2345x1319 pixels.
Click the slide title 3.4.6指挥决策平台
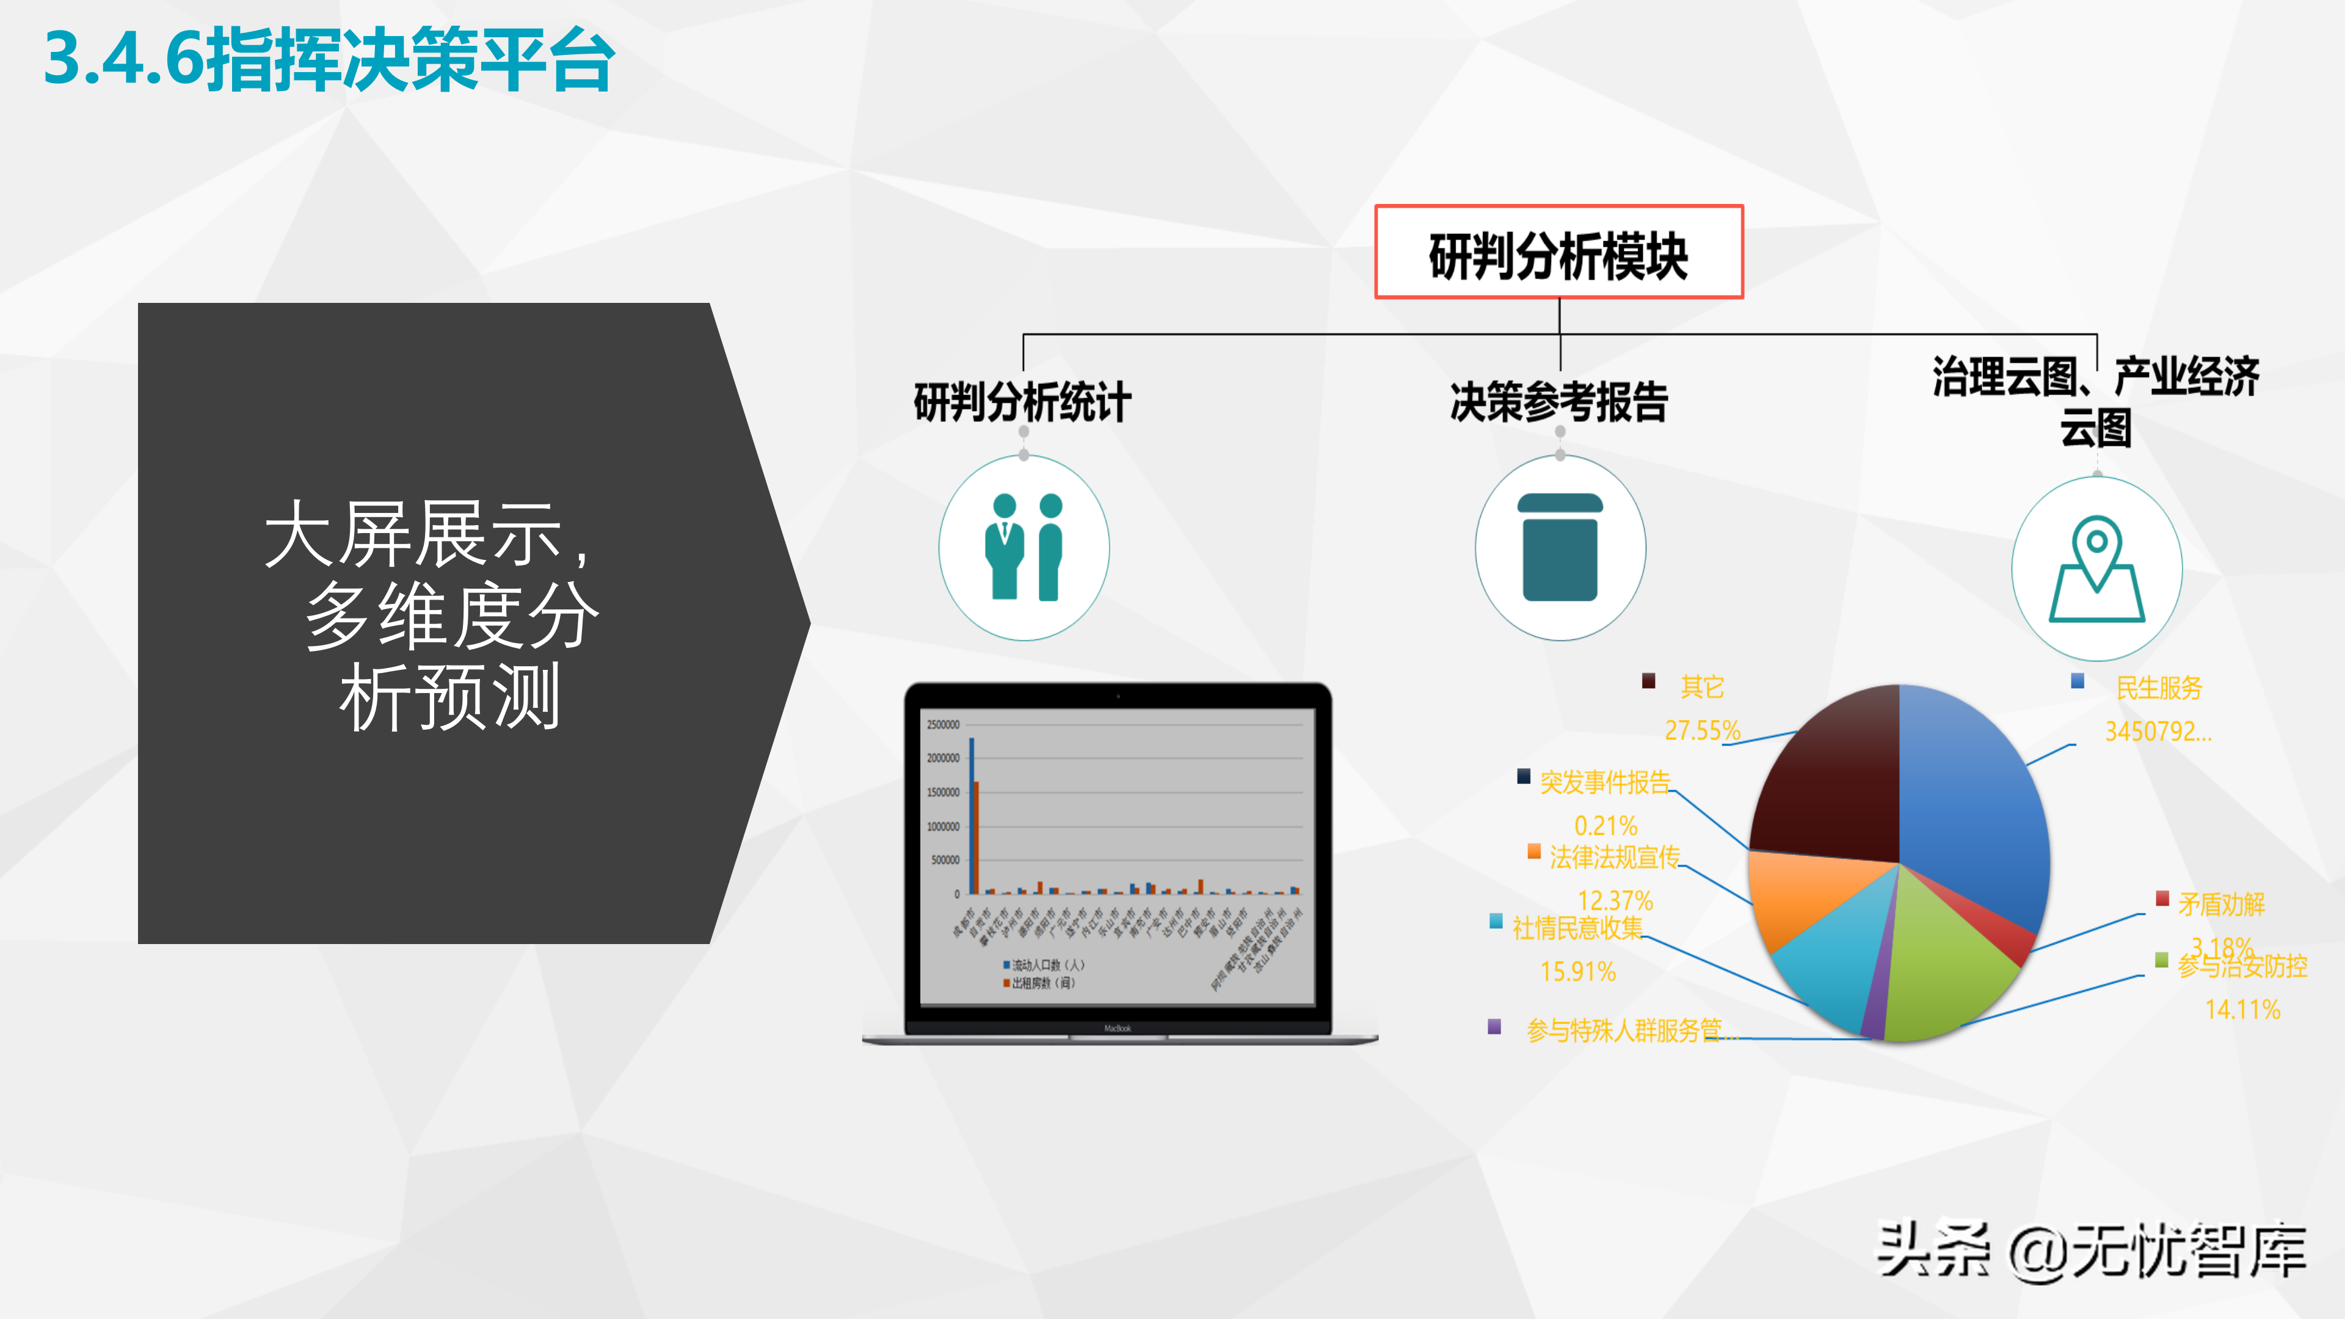click(x=330, y=60)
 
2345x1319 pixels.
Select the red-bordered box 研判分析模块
click(x=1558, y=253)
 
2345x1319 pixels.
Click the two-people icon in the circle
click(x=1024, y=547)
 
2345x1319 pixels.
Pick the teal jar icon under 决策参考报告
click(x=1560, y=547)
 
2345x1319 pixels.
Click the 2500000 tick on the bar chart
click(x=943, y=725)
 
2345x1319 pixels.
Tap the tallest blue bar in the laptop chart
click(x=972, y=815)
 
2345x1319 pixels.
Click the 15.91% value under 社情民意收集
click(x=1577, y=972)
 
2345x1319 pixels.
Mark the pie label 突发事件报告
click(x=1605, y=782)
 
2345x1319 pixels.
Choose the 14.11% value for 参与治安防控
click(x=2242, y=1009)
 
